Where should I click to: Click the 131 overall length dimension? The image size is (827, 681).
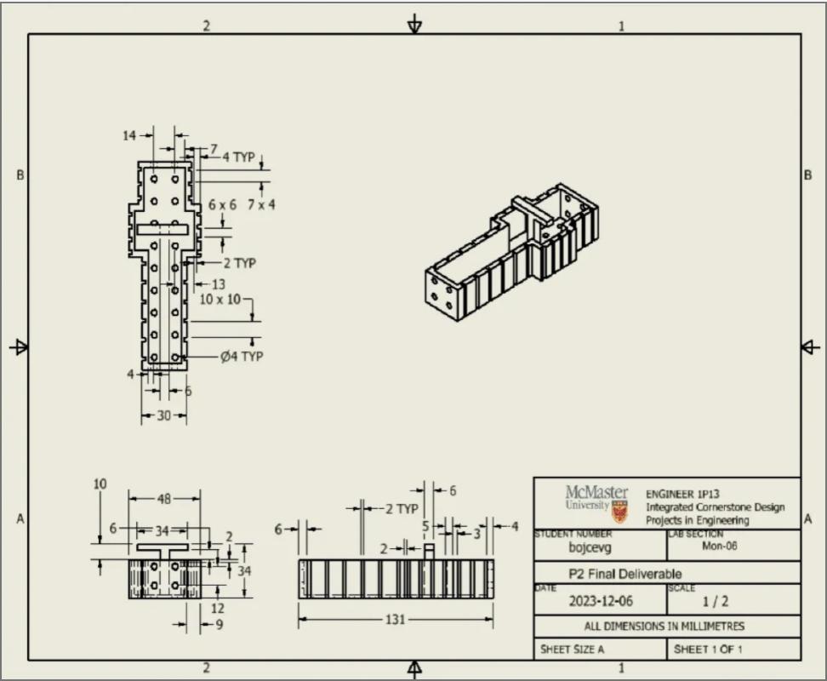click(395, 620)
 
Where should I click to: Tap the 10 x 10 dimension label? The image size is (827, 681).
click(220, 300)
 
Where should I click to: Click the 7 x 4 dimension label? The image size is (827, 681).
click(261, 205)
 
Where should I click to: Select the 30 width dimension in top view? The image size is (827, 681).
click(163, 415)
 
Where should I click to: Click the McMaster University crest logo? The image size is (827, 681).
click(619, 510)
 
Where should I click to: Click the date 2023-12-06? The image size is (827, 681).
click(601, 601)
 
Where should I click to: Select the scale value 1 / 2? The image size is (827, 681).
click(710, 601)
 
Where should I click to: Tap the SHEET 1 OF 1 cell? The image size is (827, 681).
click(710, 650)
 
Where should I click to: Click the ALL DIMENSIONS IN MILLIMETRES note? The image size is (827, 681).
click(666, 626)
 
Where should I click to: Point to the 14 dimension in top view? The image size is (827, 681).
click(129, 134)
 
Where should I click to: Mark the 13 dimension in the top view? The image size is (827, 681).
click(219, 284)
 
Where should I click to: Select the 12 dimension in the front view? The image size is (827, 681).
click(218, 608)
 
